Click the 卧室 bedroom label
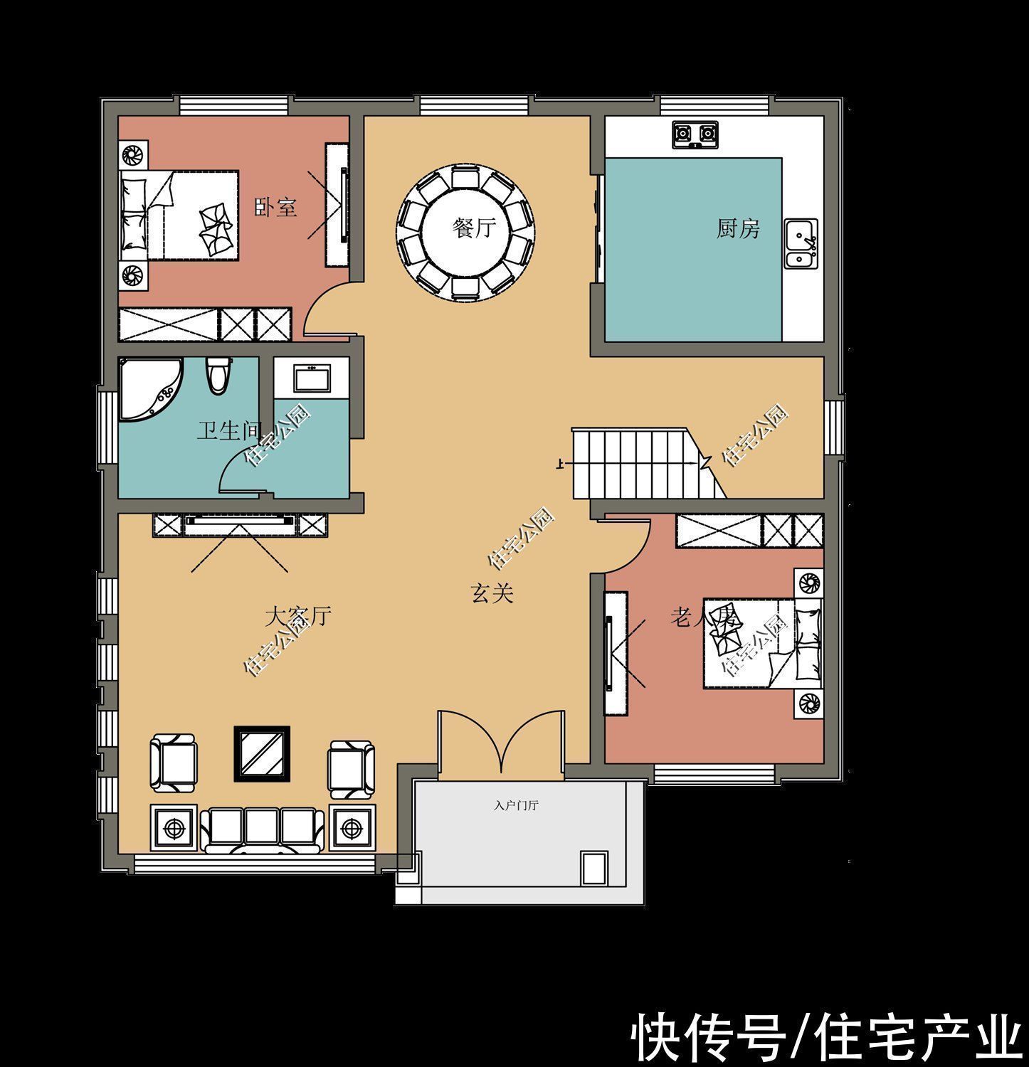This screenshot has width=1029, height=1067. [x=275, y=208]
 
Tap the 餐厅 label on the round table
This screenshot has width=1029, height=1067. [x=474, y=228]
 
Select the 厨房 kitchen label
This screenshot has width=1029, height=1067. [x=738, y=228]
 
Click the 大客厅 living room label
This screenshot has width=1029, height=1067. [x=298, y=616]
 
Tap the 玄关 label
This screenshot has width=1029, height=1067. [x=492, y=593]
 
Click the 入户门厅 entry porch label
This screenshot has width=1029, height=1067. [x=516, y=806]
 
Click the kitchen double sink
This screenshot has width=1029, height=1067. [x=801, y=243]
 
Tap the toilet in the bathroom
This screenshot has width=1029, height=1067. [x=218, y=374]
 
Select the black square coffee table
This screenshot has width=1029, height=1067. [x=262, y=754]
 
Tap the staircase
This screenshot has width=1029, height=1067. [x=633, y=464]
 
